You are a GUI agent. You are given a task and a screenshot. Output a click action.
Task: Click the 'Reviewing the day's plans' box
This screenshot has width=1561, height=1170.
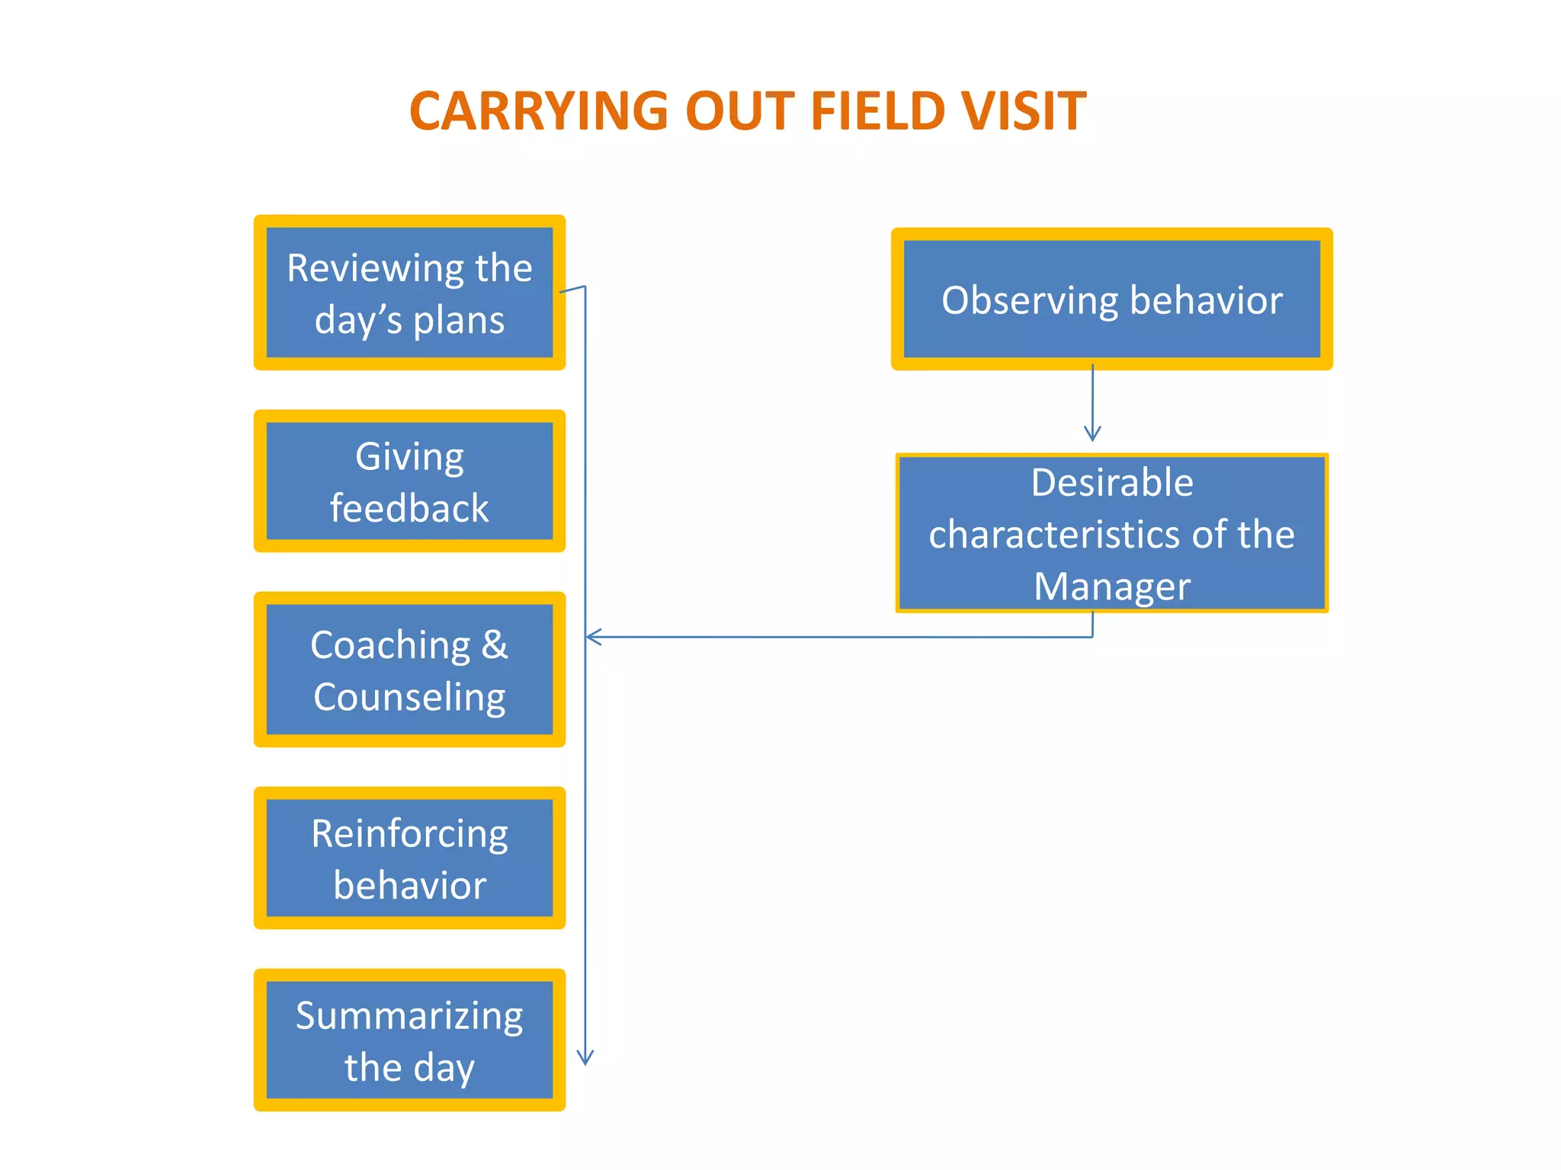coord(409,292)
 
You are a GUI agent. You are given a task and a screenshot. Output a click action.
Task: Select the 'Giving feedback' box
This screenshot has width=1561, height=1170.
coord(409,481)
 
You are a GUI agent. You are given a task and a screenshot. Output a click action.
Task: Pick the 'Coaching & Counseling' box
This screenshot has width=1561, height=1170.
coord(409,670)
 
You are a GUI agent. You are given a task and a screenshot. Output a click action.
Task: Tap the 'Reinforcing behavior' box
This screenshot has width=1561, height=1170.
coord(409,858)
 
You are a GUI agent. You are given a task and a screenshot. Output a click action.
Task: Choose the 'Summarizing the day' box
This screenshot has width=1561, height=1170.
coord(409,1040)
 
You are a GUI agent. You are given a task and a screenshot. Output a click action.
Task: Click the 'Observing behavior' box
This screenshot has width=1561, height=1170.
coord(1111,299)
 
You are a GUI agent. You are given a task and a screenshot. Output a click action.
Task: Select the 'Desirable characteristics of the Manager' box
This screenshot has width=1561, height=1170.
coord(1111,533)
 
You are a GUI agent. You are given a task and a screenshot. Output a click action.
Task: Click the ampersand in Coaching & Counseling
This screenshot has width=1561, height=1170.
coord(495,645)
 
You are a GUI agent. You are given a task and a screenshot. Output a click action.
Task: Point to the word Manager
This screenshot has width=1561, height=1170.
coord(1111,587)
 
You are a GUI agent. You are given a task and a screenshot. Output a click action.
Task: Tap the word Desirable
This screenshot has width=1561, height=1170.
coord(1111,483)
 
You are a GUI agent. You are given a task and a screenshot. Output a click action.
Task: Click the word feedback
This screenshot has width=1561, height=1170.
coord(409,508)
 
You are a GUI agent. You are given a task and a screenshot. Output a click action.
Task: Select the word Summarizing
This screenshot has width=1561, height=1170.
coord(409,1015)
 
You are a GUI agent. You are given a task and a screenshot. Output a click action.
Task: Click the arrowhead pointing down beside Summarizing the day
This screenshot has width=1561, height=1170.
coord(585,1057)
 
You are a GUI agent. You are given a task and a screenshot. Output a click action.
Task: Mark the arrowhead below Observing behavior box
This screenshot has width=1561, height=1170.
coord(1092,433)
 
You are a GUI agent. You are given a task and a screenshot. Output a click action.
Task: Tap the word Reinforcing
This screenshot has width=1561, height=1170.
coord(409,833)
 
